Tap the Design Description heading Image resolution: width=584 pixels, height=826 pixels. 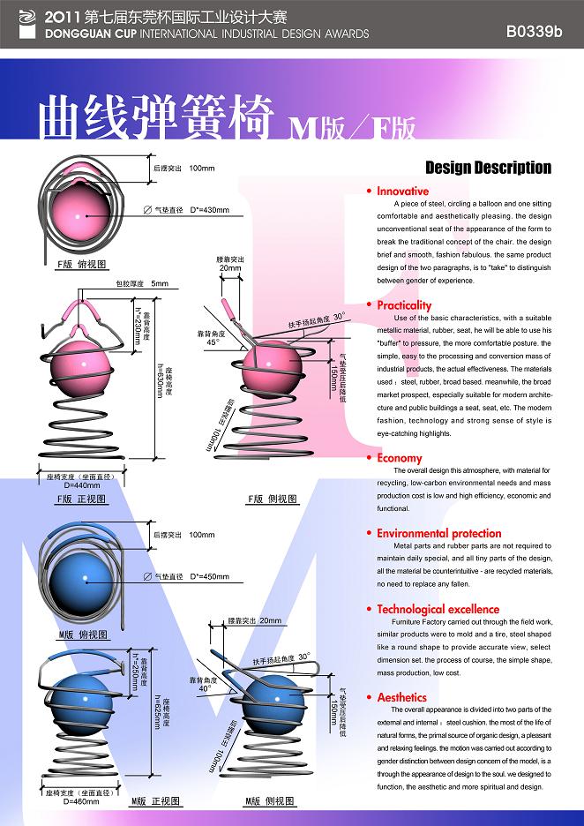488,168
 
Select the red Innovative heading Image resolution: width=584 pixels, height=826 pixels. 402,191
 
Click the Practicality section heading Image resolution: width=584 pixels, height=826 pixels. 404,305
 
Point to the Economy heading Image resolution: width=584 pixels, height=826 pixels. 399,458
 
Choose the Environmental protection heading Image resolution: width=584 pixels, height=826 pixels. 438,533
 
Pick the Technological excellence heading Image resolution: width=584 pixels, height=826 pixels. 438,609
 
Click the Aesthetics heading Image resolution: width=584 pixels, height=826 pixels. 401,697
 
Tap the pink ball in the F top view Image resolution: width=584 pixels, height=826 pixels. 79,215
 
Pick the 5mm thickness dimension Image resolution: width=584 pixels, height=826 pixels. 159,283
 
